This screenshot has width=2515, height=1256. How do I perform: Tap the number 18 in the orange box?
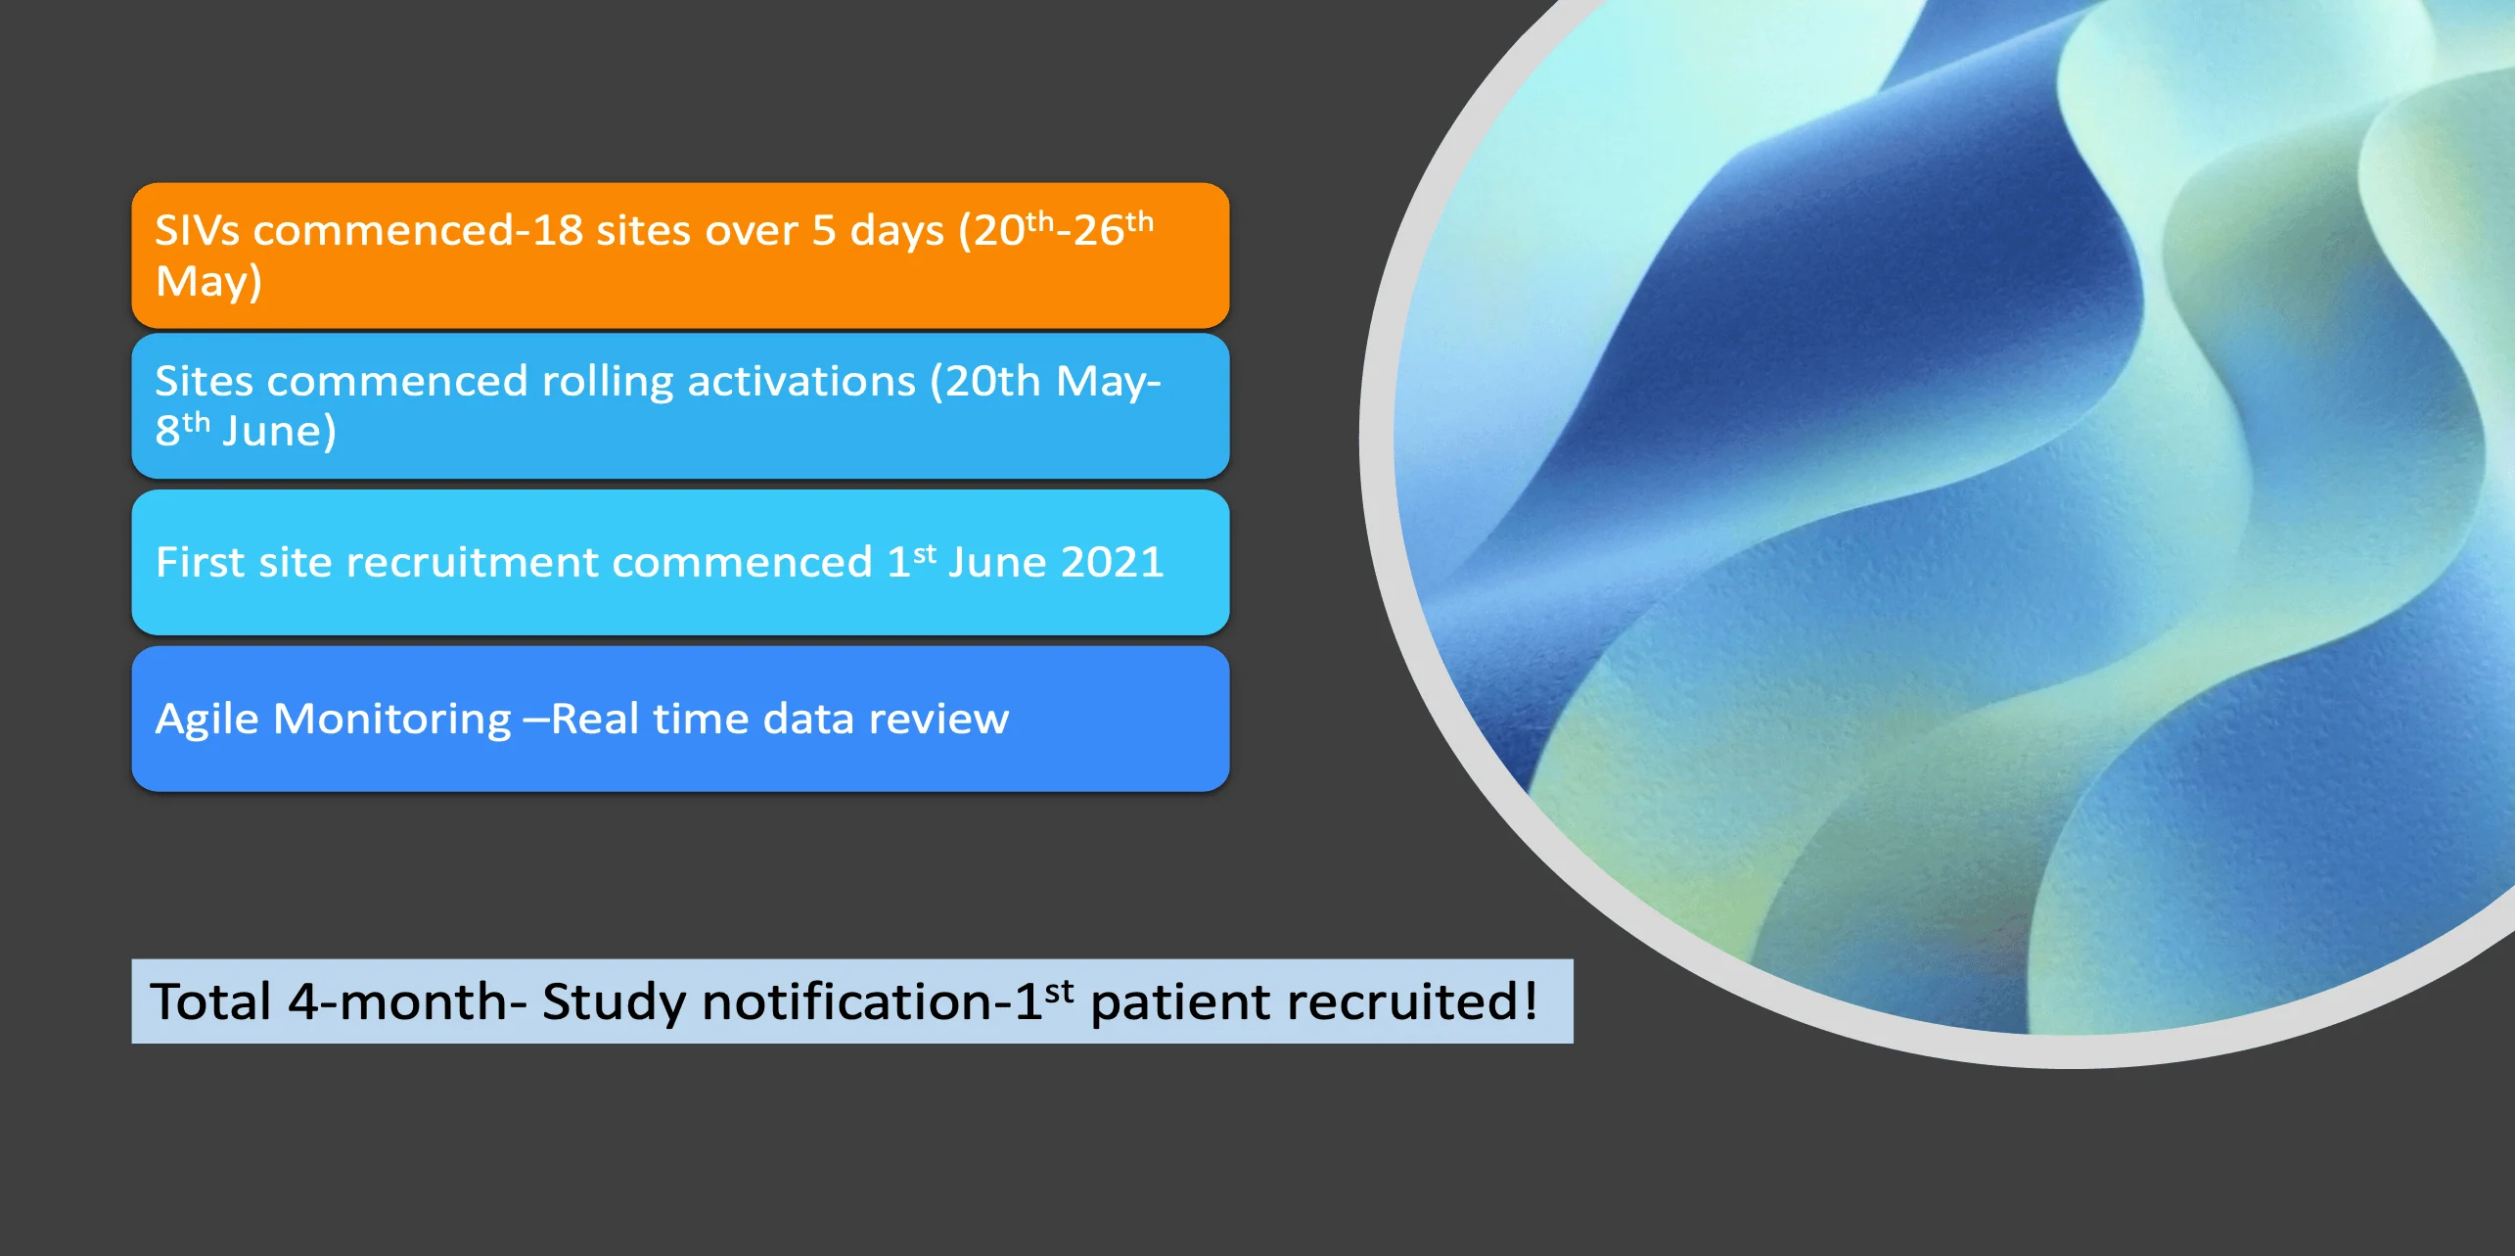click(x=557, y=231)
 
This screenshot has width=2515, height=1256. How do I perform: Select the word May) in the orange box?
click(x=208, y=282)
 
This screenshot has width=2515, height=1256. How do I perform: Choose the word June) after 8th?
click(x=279, y=432)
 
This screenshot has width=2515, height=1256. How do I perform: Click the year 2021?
click(x=1112, y=563)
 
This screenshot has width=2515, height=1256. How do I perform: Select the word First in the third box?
click(x=201, y=563)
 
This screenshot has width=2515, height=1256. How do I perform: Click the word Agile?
click(x=207, y=721)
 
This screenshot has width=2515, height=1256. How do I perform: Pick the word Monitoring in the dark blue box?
click(x=391, y=721)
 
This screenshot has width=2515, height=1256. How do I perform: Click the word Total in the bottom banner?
click(x=210, y=1002)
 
